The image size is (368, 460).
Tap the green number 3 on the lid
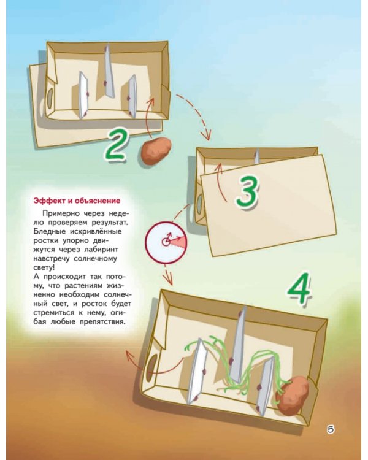[x=247, y=191]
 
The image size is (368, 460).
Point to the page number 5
[x=331, y=429]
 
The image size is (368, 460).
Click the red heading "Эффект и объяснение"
[x=77, y=201]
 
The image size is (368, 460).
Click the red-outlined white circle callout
[x=166, y=242]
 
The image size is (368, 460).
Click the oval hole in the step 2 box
[x=50, y=98]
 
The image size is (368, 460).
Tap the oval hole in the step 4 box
[x=151, y=367]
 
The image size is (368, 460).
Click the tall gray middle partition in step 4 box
[x=239, y=345]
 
